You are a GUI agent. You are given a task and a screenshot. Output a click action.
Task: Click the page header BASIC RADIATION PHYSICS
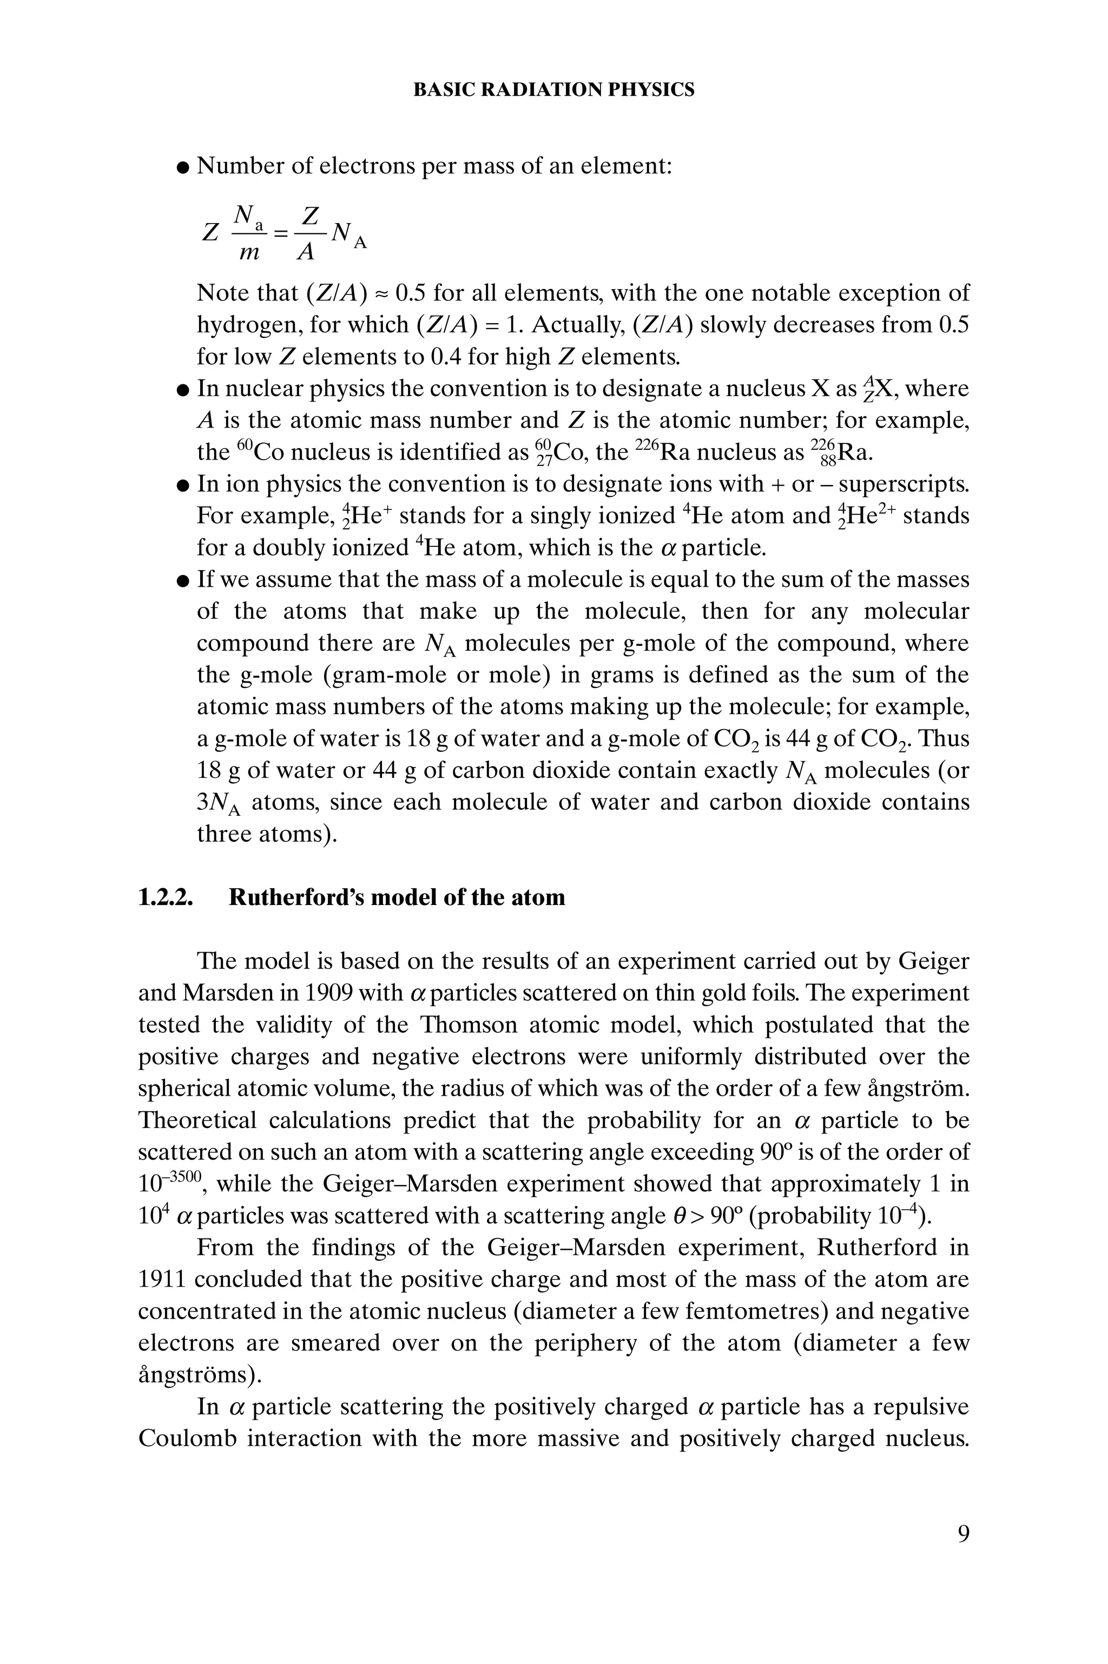[553, 90]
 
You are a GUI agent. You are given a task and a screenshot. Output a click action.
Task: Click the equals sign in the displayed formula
[281, 233]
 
